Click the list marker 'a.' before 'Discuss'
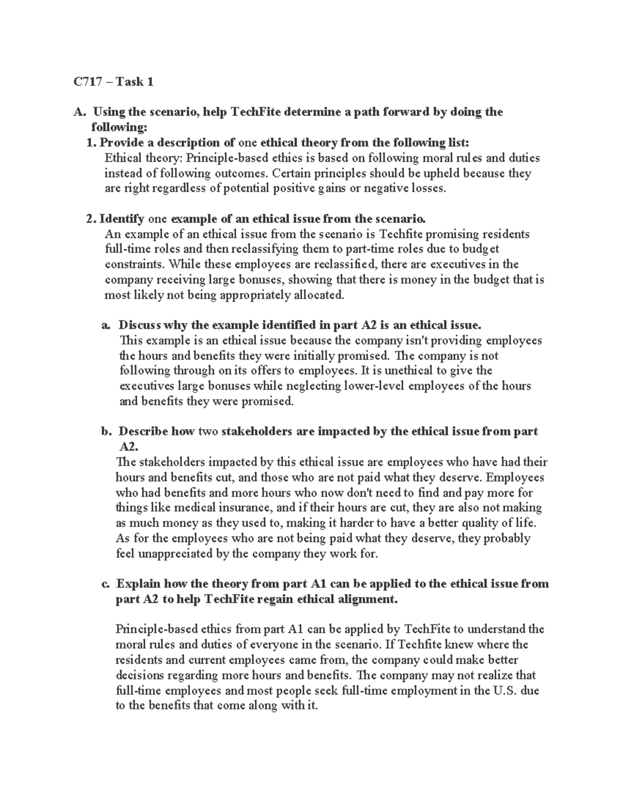click(106, 325)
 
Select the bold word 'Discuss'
click(139, 325)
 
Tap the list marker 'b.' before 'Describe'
click(106, 432)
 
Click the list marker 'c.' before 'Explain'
click(105, 584)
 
